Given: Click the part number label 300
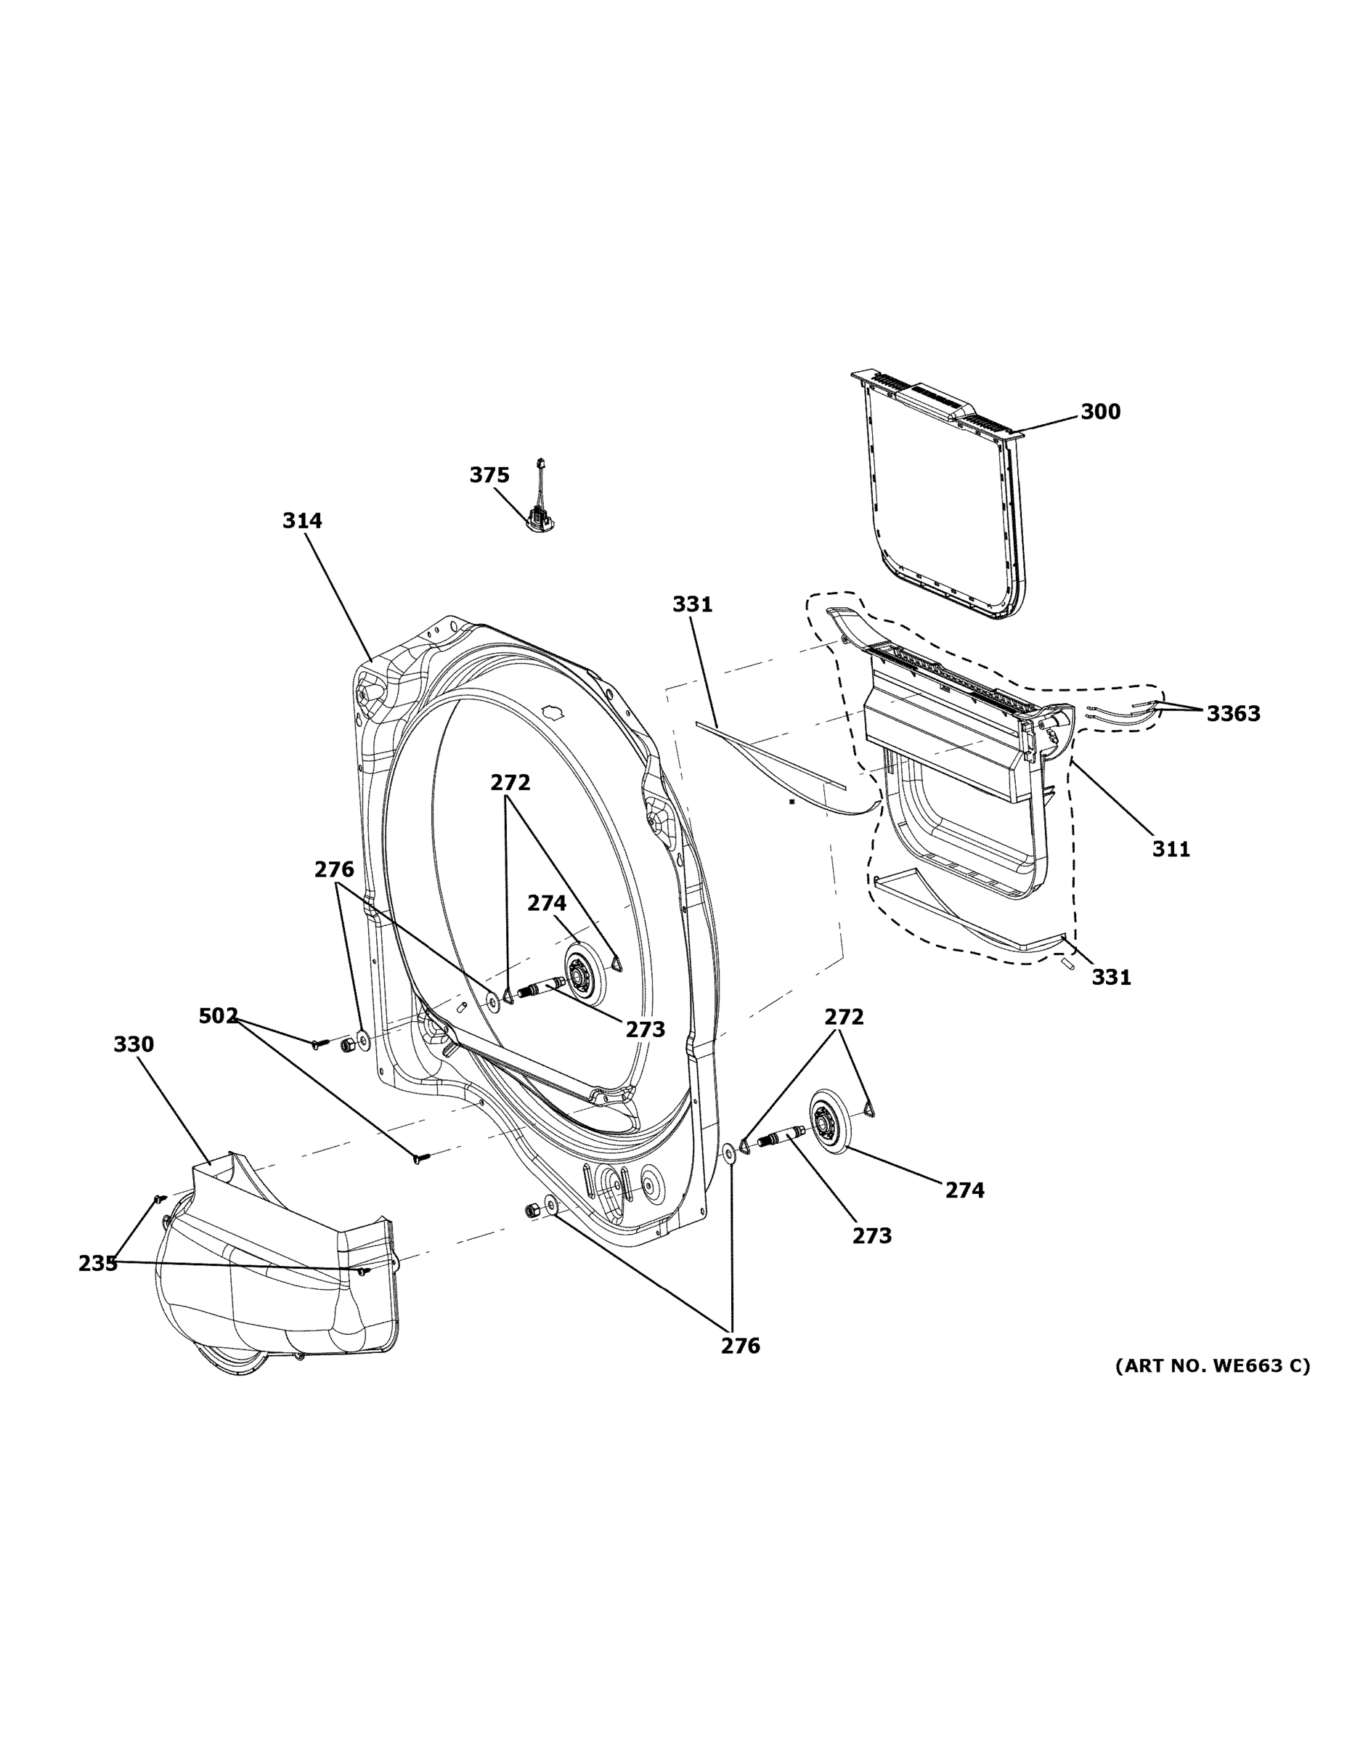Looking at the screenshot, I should [1099, 412].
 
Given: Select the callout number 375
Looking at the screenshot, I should [489, 476].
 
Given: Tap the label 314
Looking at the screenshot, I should [301, 521].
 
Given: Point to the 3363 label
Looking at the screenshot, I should [1232, 713].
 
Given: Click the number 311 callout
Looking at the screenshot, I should [1171, 849].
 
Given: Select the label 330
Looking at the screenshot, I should [134, 1044].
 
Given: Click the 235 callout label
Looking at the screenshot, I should [97, 1264].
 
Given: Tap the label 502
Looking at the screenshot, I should [218, 1016].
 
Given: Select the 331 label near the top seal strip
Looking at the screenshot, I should [692, 605].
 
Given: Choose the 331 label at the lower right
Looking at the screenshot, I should [1111, 977].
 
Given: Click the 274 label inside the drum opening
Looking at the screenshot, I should [547, 903].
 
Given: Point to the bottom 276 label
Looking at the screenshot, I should [740, 1346].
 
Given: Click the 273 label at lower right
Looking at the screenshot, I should [871, 1235].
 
